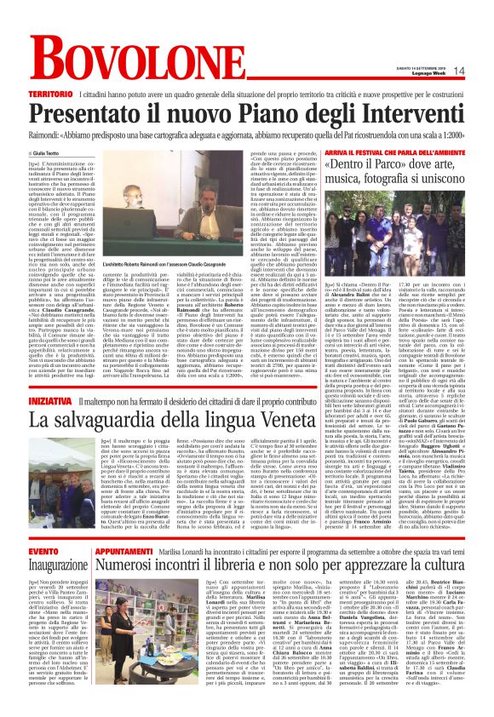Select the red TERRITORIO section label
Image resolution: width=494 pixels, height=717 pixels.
[x=49, y=91]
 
